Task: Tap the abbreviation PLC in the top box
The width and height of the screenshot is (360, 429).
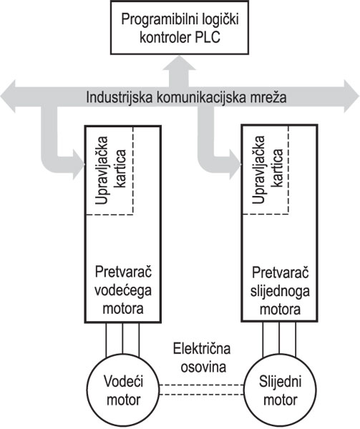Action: [x=208, y=36]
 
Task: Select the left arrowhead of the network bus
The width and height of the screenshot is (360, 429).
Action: [x=8, y=97]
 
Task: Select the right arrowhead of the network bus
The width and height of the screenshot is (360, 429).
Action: [x=352, y=97]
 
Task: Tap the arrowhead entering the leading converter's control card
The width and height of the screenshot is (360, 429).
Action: [x=78, y=164]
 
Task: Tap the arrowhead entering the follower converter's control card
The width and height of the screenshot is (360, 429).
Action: [x=235, y=164]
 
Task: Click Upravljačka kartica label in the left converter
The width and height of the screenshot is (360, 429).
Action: [x=110, y=170]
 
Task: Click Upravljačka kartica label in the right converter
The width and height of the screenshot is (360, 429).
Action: [x=267, y=169]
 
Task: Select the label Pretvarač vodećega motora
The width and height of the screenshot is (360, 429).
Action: [x=123, y=290]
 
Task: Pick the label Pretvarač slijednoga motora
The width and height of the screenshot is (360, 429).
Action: [x=280, y=290]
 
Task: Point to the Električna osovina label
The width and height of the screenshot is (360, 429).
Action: [x=202, y=358]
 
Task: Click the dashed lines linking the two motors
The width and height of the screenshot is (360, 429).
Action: [x=201, y=390]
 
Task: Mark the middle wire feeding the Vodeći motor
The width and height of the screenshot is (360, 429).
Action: [x=122, y=338]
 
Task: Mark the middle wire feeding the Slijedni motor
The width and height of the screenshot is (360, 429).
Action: [x=279, y=338]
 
